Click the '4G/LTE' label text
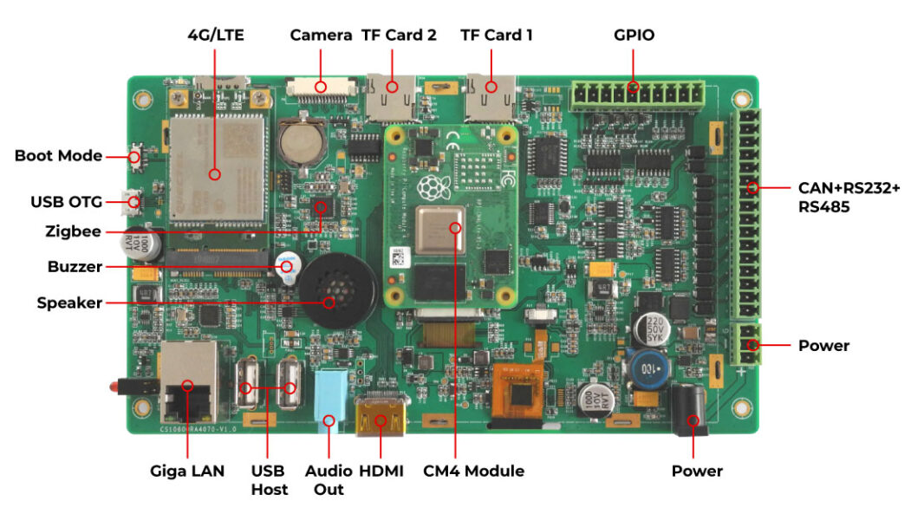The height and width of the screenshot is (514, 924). pos(216,36)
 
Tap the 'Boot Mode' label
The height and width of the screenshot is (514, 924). pos(57,156)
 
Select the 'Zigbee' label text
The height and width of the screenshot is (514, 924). pos(73,231)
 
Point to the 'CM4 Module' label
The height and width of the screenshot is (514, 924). pos(473,471)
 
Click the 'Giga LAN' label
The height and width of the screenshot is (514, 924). pos(187,471)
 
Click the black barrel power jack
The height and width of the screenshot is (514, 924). pos(691,410)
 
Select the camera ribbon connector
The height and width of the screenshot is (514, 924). pos(320,87)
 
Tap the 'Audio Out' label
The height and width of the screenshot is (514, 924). pos(329,480)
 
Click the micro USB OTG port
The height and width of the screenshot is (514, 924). pos(133,203)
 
